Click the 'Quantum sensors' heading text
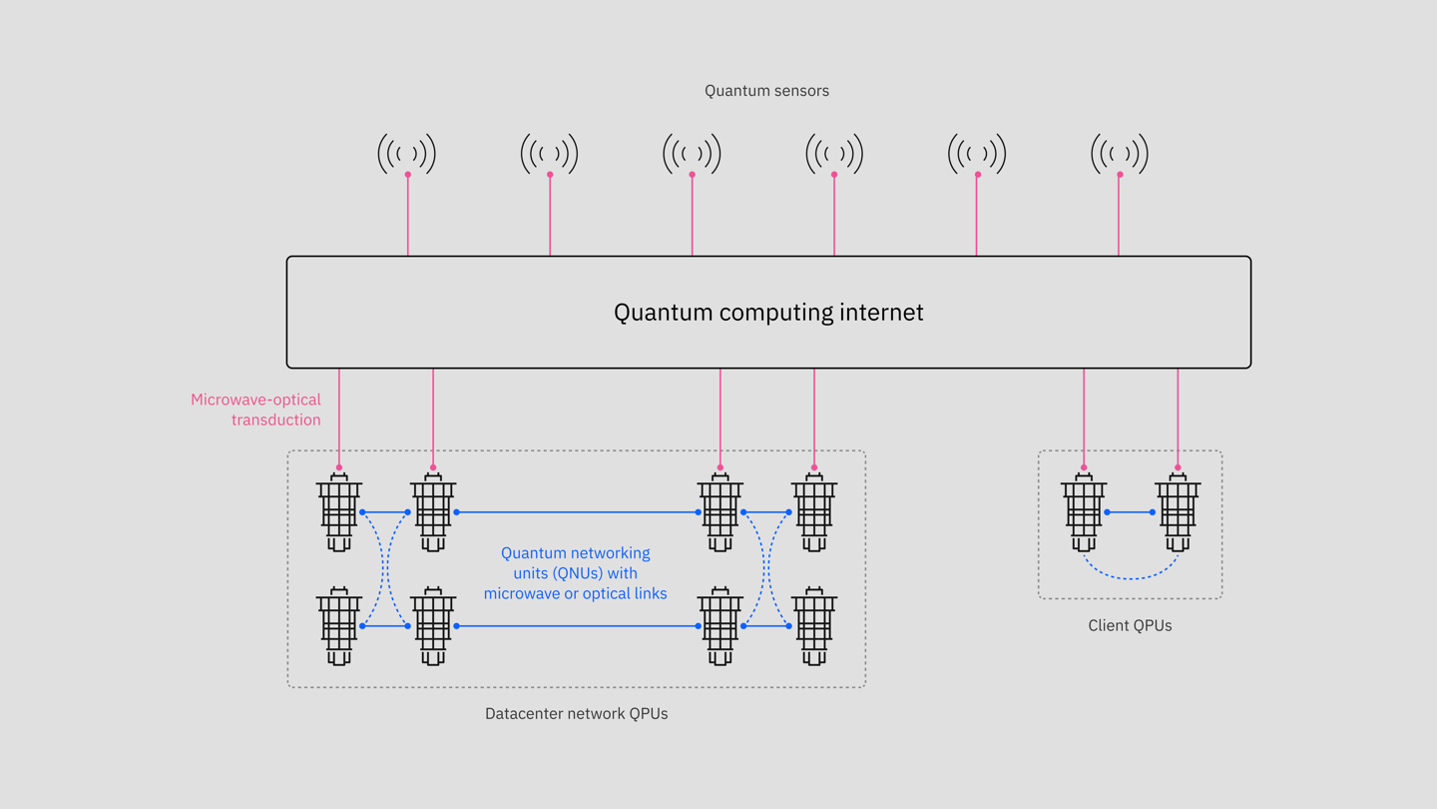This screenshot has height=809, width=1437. point(766,91)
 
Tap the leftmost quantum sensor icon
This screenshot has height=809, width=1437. point(407,153)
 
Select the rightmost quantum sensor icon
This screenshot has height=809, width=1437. point(1120,153)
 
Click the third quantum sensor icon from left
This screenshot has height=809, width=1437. point(692,153)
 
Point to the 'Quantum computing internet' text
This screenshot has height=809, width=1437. point(768,313)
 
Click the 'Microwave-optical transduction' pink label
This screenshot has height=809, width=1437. point(256,409)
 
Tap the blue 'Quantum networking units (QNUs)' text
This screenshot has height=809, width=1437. point(575,573)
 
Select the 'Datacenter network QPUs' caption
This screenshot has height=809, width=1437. point(576,714)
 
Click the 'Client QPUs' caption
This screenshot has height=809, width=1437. point(1130,626)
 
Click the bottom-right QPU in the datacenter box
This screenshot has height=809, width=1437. point(814,627)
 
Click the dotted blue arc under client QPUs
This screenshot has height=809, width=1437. point(1131,577)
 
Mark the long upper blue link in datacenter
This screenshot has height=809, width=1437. point(577,512)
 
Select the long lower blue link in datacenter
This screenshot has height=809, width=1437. point(577,626)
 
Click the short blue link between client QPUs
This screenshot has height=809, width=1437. point(1130,512)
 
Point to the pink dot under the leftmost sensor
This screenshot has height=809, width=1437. point(407,175)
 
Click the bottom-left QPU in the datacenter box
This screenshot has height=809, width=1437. point(339,627)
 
